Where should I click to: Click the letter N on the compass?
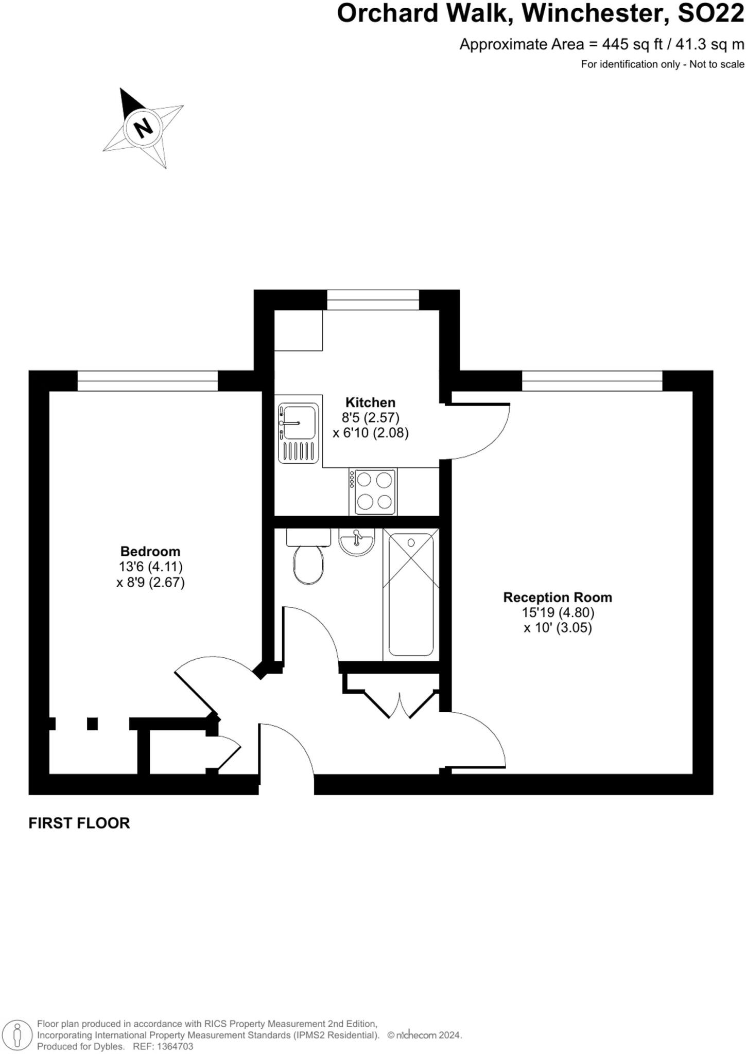pyautogui.click(x=144, y=126)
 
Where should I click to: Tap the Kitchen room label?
pyautogui.click(x=370, y=402)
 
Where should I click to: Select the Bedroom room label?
pyautogui.click(x=150, y=552)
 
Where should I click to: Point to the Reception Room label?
pyautogui.click(x=558, y=598)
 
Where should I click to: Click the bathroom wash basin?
pyautogui.click(x=356, y=542)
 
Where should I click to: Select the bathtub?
pyautogui.click(x=411, y=594)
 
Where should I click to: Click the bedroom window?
pyautogui.click(x=148, y=381)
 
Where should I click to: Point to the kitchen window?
pyautogui.click(x=373, y=300)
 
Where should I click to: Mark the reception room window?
pyautogui.click(x=592, y=381)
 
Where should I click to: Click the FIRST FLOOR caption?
pyautogui.click(x=79, y=823)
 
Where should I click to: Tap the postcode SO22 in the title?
pyautogui.click(x=710, y=14)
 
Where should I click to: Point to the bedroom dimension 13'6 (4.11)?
pyautogui.click(x=150, y=567)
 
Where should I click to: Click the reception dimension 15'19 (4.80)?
pyautogui.click(x=558, y=613)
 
